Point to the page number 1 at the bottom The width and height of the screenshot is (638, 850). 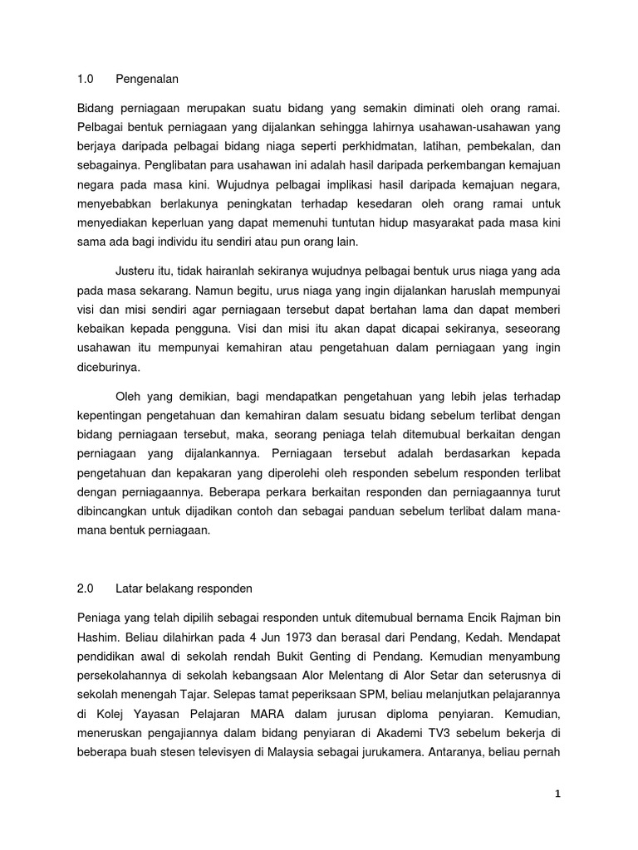(x=558, y=794)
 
